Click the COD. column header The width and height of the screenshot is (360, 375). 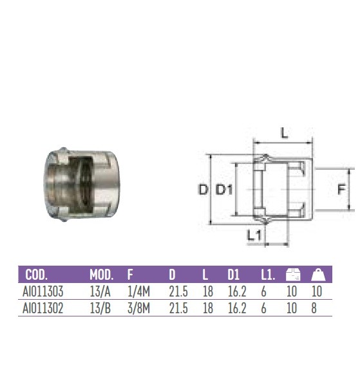point(38,275)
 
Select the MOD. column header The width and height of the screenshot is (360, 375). point(101,275)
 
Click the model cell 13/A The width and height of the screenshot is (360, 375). point(99,292)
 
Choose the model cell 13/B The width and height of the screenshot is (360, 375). point(99,308)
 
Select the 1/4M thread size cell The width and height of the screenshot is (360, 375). point(138,292)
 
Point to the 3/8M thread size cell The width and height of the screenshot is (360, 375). point(138,308)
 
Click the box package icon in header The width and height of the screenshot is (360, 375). point(292,275)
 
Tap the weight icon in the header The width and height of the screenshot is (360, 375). point(317,275)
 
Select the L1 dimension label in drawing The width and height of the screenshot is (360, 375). point(254,235)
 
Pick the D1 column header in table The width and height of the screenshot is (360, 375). point(234,275)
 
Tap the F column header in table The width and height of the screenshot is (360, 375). point(129,275)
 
